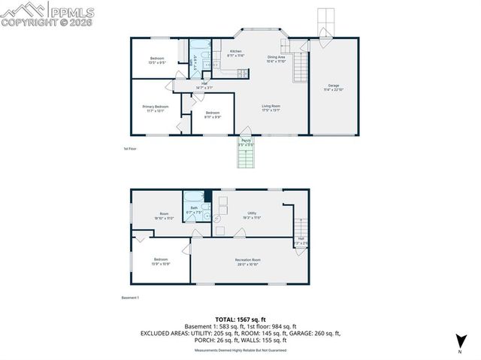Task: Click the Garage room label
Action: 334,86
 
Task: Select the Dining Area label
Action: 277,57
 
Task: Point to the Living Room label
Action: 271,107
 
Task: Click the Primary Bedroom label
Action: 156,107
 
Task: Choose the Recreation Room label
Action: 247,260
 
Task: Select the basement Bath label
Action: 194,208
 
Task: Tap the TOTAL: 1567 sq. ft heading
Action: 240,320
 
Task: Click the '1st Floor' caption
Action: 130,149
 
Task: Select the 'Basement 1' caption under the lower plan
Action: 131,298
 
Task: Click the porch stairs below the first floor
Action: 247,158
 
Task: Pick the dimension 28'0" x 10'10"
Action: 247,265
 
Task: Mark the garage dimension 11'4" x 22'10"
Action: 334,90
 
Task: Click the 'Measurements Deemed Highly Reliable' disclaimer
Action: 240,350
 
